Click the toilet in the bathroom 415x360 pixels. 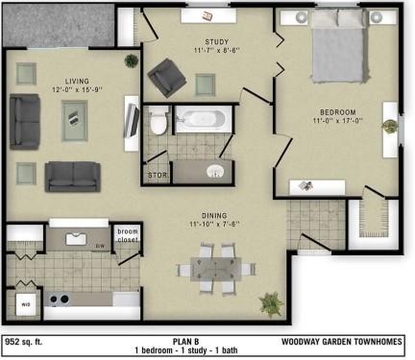(x=159, y=122)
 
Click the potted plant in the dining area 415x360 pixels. (x=271, y=302)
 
